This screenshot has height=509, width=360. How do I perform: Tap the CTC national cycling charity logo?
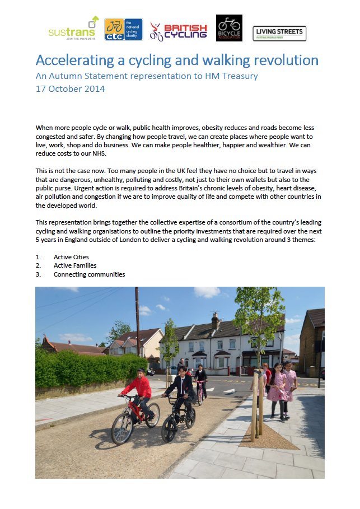click(x=123, y=29)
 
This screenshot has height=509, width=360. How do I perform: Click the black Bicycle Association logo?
click(x=229, y=28)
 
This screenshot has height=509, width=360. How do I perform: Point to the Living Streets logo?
click(x=279, y=33)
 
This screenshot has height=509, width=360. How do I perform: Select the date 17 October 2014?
click(x=70, y=88)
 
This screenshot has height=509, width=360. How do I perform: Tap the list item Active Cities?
click(x=71, y=257)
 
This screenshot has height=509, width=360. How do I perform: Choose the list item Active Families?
click(x=75, y=265)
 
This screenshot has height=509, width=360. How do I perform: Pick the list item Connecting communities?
click(x=89, y=274)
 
